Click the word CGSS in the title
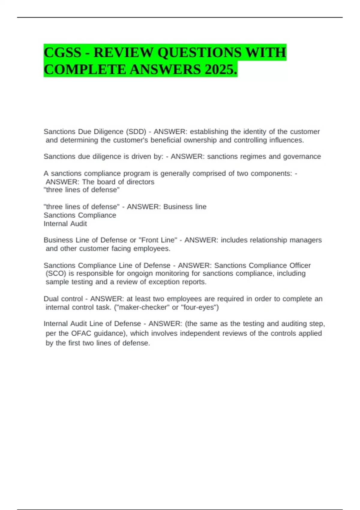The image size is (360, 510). coord(62,53)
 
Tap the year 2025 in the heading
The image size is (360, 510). coord(221,70)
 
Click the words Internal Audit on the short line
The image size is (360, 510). coord(65,223)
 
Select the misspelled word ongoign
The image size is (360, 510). coord(140,274)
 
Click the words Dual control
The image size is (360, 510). coord(63,299)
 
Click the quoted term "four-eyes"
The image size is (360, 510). coord(200,307)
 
